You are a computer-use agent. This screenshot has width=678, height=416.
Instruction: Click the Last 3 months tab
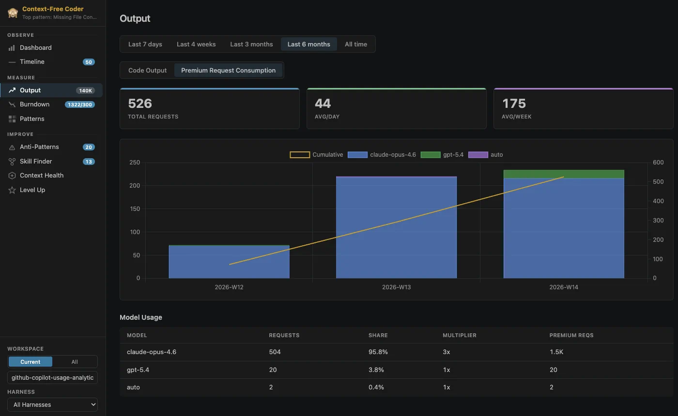click(251, 44)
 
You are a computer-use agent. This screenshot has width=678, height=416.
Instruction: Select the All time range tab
click(355, 44)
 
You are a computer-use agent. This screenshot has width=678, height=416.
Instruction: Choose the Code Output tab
click(147, 71)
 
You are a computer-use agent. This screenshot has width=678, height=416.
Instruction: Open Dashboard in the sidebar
click(35, 48)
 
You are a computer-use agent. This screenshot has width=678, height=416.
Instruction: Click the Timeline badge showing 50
click(89, 62)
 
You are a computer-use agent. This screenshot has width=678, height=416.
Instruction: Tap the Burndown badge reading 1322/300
click(80, 104)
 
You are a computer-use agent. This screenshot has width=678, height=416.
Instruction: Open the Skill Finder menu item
click(36, 162)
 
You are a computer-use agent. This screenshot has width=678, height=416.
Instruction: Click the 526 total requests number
click(140, 104)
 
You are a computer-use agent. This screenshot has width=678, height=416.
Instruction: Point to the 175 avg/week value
click(514, 104)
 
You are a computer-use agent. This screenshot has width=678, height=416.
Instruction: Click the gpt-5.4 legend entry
click(442, 155)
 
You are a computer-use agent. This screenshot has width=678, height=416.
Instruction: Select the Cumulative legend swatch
click(300, 155)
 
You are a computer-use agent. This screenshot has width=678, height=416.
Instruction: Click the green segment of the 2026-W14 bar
click(564, 174)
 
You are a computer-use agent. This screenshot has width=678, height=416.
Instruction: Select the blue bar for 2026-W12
click(229, 262)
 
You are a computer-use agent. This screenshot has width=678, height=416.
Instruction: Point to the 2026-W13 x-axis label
click(396, 287)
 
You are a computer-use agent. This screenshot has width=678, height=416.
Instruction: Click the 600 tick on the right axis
click(658, 163)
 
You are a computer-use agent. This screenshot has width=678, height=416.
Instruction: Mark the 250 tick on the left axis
click(135, 163)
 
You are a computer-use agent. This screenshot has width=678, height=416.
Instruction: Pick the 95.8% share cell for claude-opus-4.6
click(378, 352)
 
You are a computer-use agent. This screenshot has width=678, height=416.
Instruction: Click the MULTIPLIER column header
click(460, 335)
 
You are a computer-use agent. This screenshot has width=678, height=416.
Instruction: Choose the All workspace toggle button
click(75, 362)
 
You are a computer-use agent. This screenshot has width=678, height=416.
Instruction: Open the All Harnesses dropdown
click(52, 405)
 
